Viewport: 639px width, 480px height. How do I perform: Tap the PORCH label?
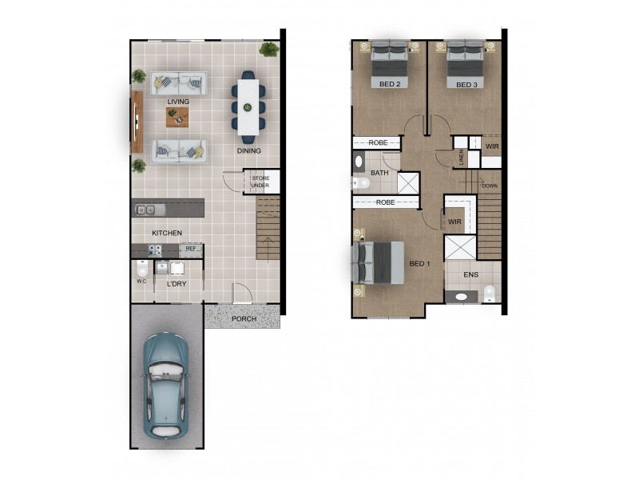244,318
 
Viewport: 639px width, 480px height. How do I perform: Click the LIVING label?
178,102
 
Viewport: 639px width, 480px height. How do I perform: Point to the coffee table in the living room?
177,118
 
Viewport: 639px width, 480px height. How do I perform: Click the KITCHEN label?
167,233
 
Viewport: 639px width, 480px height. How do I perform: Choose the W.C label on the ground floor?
141,281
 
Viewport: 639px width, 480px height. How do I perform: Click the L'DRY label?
177,283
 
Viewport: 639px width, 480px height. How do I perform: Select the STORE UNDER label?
260,182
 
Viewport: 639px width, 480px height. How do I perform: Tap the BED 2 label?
389,83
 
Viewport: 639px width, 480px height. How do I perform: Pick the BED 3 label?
466,83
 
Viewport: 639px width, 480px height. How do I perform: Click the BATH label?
379,172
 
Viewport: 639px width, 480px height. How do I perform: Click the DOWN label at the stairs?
490,186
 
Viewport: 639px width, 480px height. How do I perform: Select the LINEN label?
462,157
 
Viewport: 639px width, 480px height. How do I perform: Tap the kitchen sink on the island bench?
146,210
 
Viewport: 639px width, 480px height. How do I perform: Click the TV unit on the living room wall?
137,121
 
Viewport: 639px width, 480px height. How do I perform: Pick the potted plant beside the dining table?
269,50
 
